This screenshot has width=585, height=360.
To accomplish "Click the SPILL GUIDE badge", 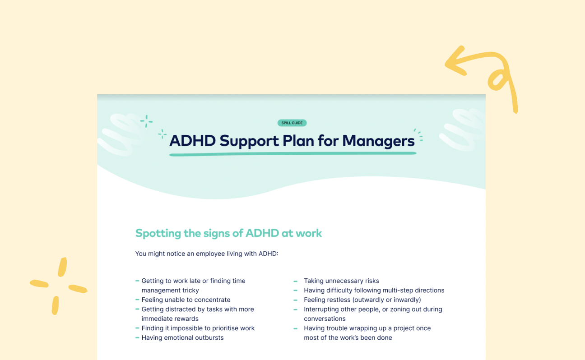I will point(292,123).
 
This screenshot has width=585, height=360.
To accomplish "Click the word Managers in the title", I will point(378,141).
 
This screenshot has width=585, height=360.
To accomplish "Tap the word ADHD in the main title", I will point(192,141).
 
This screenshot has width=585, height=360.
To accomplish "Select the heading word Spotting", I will point(158,233).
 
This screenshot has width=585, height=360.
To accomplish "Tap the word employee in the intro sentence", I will point(213,254).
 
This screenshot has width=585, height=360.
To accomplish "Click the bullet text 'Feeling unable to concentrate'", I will point(186,300).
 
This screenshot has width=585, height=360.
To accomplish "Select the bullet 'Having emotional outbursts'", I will point(182,337).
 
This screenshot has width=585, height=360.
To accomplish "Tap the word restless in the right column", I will point(337,300).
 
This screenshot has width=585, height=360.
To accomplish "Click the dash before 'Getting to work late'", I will point(137,281).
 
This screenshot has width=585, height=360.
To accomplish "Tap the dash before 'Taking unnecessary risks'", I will point(295,281).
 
